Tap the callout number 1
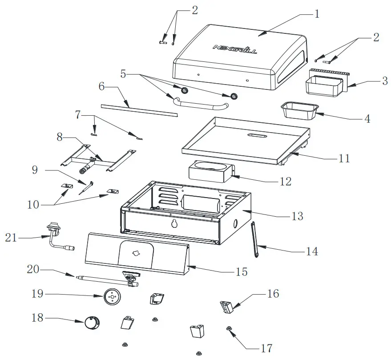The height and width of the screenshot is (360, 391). tap(316, 14)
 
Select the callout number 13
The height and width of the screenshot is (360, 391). tap(297, 216)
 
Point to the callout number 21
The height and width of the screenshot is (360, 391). tap(11, 238)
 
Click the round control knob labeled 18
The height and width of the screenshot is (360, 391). tap(92, 323)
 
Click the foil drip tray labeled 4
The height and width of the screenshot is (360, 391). tap(299, 111)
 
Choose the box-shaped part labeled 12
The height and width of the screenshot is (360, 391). tap(211, 172)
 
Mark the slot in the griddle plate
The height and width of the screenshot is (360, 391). tap(255, 135)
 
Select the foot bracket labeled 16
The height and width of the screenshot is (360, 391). tap(226, 307)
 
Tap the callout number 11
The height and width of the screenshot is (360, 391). tap(344, 158)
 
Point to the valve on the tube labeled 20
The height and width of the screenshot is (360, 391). tap(130, 279)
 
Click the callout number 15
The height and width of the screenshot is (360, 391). tap(241, 271)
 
